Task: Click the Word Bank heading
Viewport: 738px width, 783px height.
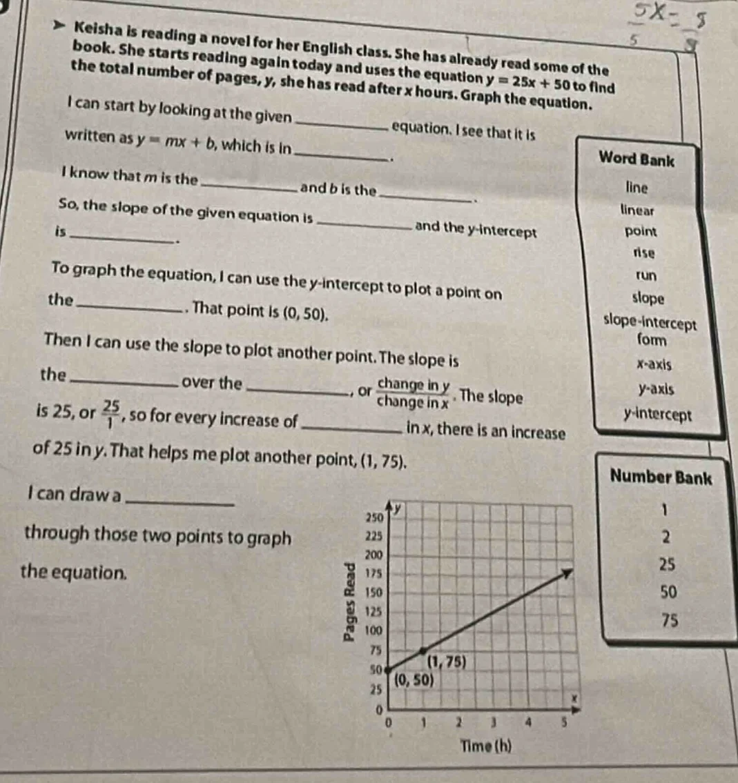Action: pos(636,159)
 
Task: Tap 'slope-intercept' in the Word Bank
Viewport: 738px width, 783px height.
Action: pos(649,323)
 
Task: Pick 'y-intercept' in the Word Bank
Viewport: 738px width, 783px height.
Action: pos(657,415)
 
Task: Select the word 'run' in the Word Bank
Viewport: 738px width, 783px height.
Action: pos(646,275)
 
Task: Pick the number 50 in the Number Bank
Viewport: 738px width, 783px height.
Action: pos(668,592)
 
